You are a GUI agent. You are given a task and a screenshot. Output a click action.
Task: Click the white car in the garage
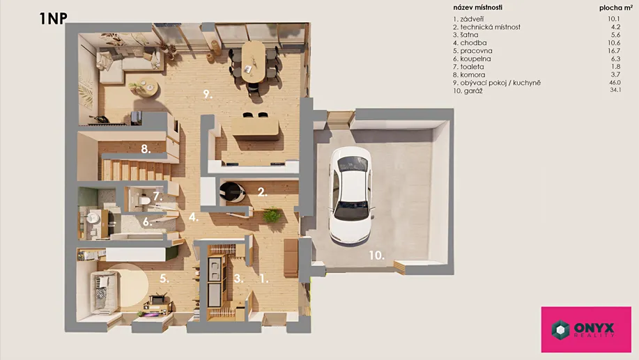351,195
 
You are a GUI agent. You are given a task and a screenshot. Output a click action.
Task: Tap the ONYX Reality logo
586,329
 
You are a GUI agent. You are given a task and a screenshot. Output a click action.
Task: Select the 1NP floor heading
53,18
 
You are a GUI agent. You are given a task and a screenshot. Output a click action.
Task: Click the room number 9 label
208,95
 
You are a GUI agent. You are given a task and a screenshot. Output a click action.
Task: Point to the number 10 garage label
376,256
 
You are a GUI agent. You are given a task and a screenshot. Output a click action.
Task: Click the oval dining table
253,61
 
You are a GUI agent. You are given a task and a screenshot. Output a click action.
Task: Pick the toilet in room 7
144,201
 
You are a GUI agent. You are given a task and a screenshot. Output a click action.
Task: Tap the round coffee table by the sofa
144,87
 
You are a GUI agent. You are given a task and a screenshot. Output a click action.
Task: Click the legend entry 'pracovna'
472,51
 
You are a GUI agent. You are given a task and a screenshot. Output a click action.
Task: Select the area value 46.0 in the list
615,82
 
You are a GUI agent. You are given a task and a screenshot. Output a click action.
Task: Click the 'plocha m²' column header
615,8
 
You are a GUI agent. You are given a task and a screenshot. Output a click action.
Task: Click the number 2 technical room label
263,191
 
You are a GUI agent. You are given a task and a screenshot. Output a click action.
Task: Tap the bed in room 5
105,293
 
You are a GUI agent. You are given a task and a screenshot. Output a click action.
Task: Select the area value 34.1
615,90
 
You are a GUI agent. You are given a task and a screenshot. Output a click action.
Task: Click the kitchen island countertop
255,128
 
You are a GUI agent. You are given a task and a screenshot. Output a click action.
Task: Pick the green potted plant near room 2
271,214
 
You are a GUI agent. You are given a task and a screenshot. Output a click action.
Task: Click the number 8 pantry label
146,150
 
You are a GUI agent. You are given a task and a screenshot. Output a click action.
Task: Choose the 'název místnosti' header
477,8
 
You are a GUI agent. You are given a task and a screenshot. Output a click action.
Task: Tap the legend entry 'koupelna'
472,59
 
